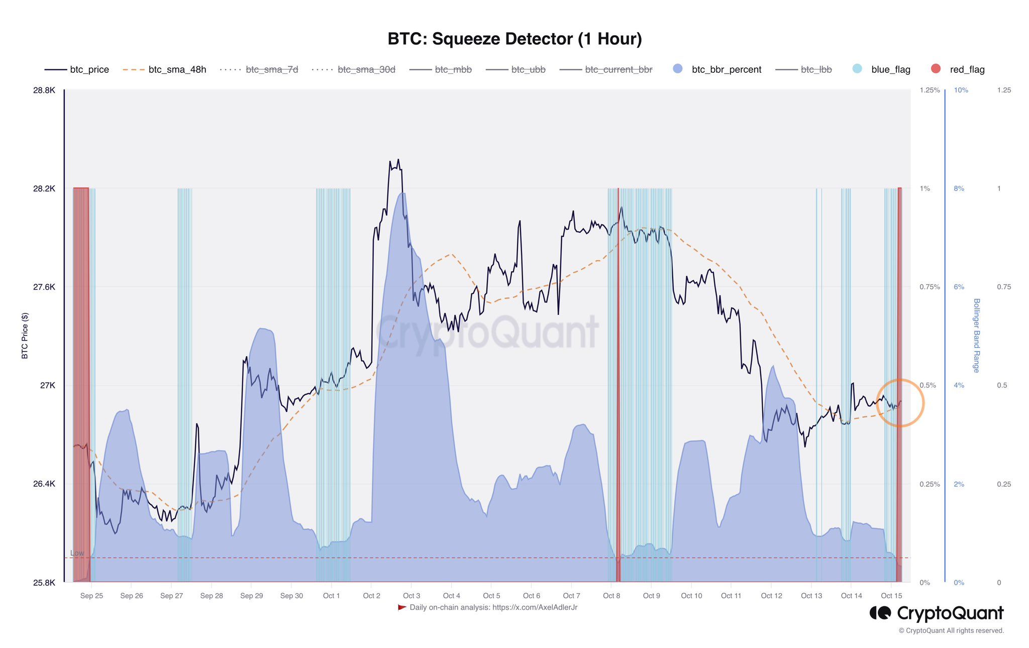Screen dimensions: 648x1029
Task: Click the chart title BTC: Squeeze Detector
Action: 514,39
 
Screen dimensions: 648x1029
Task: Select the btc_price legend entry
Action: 89,70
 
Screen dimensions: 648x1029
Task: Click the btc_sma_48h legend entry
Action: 177,70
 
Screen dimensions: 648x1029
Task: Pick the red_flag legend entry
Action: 967,70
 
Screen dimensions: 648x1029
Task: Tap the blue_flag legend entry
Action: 890,70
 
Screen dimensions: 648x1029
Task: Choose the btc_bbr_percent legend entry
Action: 726,70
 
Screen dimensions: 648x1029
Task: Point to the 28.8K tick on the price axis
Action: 44,90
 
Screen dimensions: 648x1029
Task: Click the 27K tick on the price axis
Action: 48,385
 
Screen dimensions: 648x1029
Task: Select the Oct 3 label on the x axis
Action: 411,596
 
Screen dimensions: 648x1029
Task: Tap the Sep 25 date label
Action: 91,596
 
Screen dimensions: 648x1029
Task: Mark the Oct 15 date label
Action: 891,596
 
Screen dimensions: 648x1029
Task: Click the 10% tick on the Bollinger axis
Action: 961,90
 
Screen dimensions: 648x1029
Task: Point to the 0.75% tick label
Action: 930,287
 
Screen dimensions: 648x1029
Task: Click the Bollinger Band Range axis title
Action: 976,336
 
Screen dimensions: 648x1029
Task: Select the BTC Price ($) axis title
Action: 25,336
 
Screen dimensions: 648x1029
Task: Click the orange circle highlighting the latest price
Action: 900,403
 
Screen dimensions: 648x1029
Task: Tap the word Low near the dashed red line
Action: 77,553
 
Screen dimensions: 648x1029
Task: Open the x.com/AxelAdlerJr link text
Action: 535,608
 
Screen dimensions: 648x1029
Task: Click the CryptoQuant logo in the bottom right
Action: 937,613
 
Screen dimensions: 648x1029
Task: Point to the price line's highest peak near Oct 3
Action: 398,160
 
